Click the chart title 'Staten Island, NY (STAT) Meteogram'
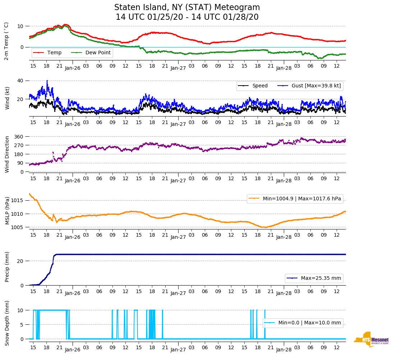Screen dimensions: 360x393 [187, 8]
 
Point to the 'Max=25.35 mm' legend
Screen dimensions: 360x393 [314, 278]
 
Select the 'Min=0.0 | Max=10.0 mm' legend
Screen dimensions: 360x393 [303, 323]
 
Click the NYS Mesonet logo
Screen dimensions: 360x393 [371, 340]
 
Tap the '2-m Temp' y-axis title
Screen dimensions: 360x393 [6, 41]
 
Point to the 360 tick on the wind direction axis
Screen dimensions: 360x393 [19, 137]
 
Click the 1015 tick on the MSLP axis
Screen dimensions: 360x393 [18, 200]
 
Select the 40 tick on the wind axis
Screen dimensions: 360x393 [20, 81]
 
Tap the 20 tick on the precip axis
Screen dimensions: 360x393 [20, 261]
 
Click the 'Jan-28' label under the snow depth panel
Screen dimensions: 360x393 [284, 350]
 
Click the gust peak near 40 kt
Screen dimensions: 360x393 [47, 81]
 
